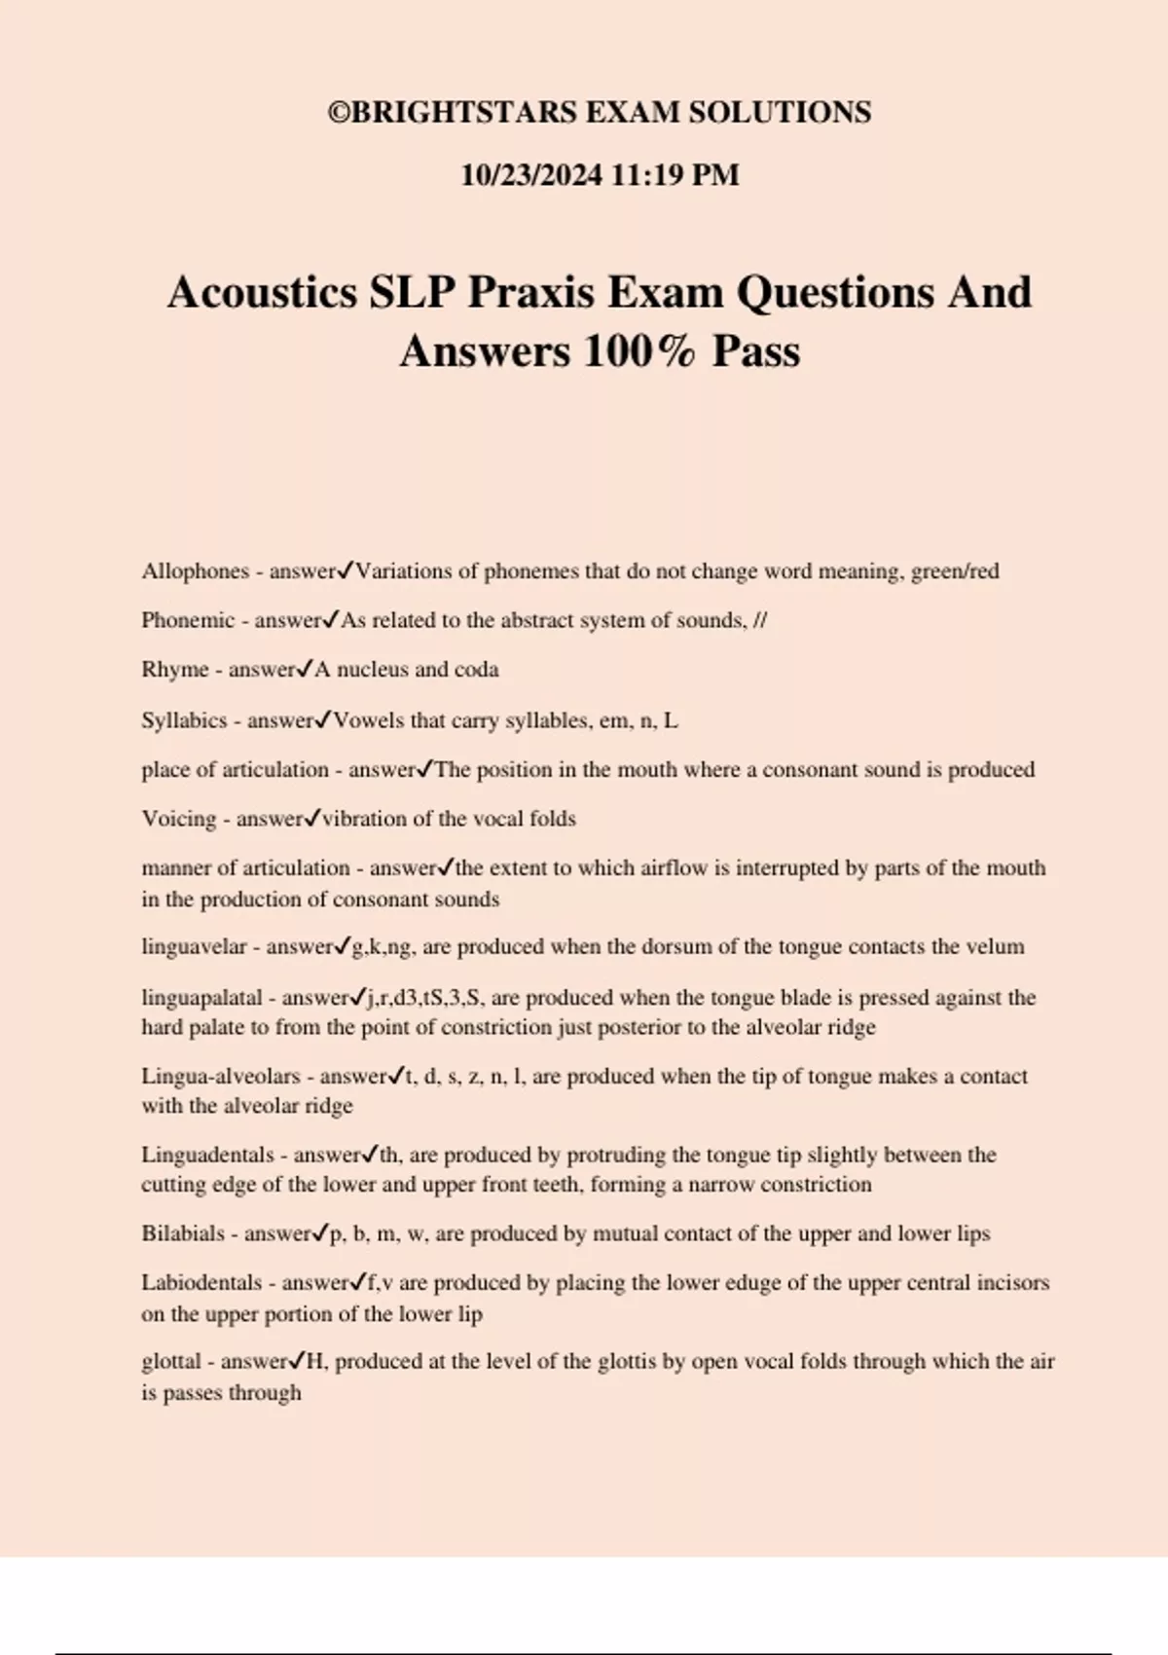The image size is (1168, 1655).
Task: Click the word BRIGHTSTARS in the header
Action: pos(456,113)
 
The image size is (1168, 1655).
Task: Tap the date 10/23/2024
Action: pos(531,175)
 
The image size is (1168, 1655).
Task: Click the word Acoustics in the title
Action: pos(263,292)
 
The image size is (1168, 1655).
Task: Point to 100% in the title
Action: pos(639,351)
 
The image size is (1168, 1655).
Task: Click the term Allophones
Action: pos(195,571)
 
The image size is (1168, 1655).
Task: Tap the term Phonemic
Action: pos(188,620)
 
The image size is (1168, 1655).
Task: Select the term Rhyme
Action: pos(175,670)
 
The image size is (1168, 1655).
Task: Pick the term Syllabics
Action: pos(184,720)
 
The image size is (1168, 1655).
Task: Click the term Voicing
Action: pos(179,819)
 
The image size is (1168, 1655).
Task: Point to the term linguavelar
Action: pos(194,946)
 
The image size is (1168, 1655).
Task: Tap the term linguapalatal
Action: pos(201,997)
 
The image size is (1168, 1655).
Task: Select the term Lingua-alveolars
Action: pos(221,1076)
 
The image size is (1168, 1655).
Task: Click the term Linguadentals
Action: pos(207,1155)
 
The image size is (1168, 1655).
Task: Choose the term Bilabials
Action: pos(183,1233)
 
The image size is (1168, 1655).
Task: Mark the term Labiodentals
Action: pos(201,1282)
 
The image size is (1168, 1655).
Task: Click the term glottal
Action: pos(171,1361)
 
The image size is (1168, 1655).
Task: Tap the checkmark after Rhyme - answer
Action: pos(305,668)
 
